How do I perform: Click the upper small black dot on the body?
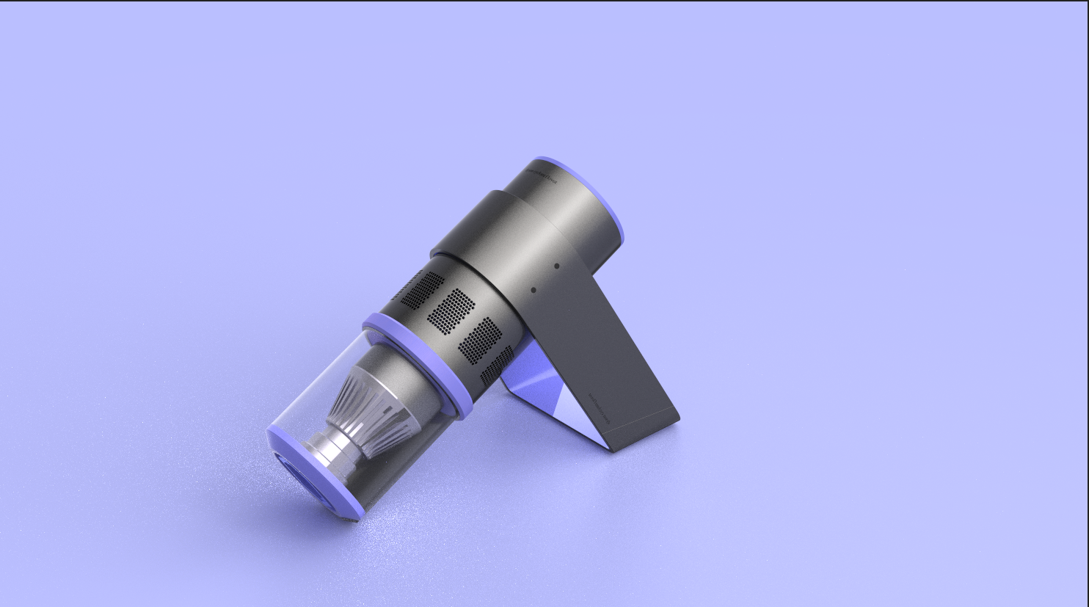coord(556,266)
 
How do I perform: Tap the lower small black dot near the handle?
coord(533,289)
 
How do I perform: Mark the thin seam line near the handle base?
coord(646,429)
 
